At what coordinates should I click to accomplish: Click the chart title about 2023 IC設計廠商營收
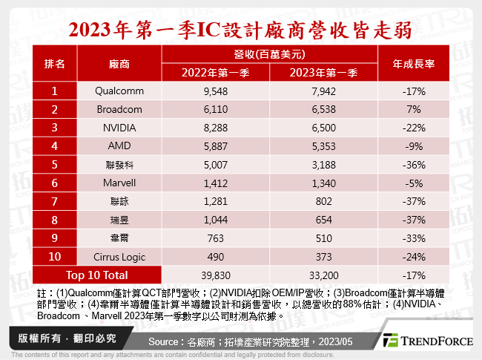point(241,30)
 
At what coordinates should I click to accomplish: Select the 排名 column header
point(54,65)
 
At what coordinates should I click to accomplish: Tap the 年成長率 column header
point(412,65)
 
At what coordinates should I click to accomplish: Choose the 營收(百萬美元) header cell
point(268,55)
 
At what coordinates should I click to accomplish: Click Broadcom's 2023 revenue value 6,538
point(324,109)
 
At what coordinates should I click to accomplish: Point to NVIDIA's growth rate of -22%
point(412,127)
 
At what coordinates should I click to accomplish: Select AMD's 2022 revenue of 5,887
point(215,145)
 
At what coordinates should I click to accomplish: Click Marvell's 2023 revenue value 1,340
point(324,182)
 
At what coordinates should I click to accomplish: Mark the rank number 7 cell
point(54,200)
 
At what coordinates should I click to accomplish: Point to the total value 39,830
point(215,275)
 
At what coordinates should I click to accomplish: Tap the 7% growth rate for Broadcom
point(412,109)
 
